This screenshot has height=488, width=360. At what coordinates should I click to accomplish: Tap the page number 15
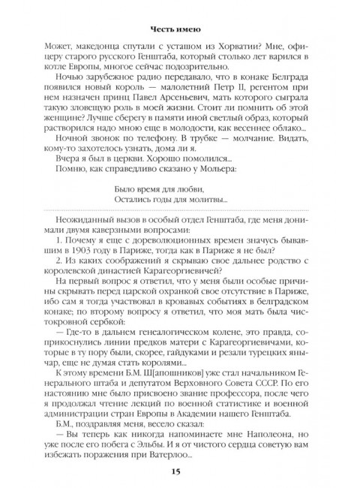pyautogui.click(x=180, y=471)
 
